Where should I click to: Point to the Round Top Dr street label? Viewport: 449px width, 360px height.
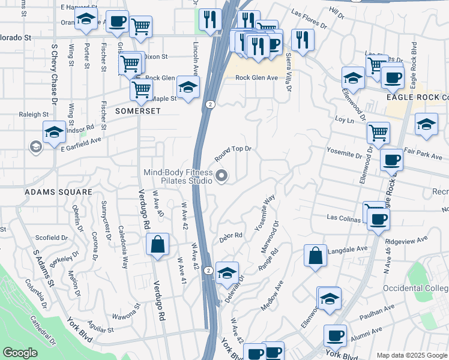pyautogui.click(x=232, y=154)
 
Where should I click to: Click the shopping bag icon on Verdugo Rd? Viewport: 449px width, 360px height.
pyautogui.click(x=158, y=244)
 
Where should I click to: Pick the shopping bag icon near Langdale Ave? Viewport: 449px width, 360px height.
pyautogui.click(x=315, y=256)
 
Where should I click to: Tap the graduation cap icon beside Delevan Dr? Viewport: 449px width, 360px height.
pyautogui.click(x=227, y=273)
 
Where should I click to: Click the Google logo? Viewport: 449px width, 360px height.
pyautogui.click(x=20, y=353)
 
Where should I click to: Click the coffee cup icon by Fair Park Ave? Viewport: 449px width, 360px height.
pyautogui.click(x=391, y=160)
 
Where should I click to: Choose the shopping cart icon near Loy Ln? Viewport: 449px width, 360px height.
pyautogui.click(x=378, y=133)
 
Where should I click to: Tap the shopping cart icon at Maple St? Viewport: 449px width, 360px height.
pyautogui.click(x=141, y=90)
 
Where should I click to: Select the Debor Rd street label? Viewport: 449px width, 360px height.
pyautogui.click(x=231, y=236)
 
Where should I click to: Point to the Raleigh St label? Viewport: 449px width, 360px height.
pyautogui.click(x=34, y=114)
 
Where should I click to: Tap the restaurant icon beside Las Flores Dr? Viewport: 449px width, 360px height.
pyautogui.click(x=302, y=39)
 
